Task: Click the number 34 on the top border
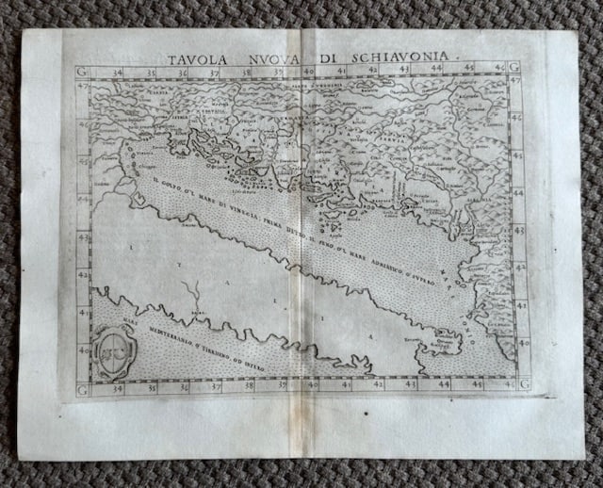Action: coord(116,70)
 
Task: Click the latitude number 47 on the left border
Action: coord(82,87)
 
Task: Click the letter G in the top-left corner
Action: coord(82,71)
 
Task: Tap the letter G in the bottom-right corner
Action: coord(524,383)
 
